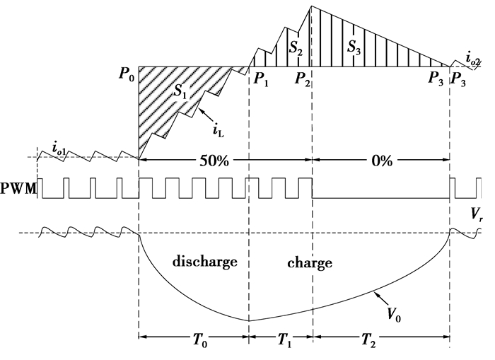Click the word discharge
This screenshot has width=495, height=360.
click(204, 262)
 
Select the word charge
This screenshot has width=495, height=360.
click(310, 263)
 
